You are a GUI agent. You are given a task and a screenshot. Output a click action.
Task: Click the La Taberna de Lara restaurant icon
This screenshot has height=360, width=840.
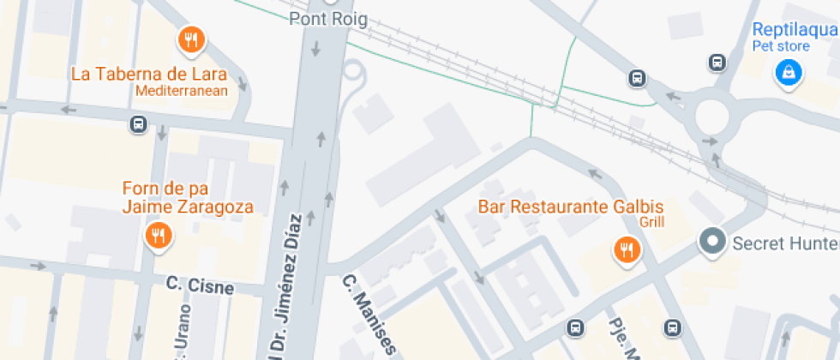coord(191,39)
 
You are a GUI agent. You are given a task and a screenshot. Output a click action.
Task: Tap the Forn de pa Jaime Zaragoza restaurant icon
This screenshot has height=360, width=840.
coord(157,234)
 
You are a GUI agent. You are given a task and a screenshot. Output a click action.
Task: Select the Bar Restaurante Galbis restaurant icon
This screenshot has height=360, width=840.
coord(627,250)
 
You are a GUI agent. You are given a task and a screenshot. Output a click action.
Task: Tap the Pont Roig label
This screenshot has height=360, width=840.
coord(327,20)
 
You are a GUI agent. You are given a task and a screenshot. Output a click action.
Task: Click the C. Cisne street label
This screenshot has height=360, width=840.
coord(200,285)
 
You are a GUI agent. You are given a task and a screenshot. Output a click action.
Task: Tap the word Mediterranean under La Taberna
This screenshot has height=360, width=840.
coord(182,90)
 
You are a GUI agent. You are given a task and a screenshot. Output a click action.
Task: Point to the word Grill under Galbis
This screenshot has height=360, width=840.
coord(651,222)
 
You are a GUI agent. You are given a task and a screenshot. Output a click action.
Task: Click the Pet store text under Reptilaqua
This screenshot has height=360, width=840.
coord(780,46)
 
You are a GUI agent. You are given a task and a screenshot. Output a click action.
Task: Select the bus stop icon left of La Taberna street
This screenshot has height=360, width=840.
coord(138,124)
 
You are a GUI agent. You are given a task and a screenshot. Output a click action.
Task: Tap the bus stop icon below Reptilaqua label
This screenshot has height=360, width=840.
coord(717,62)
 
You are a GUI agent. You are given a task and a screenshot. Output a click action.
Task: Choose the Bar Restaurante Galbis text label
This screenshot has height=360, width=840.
coord(570,207)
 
